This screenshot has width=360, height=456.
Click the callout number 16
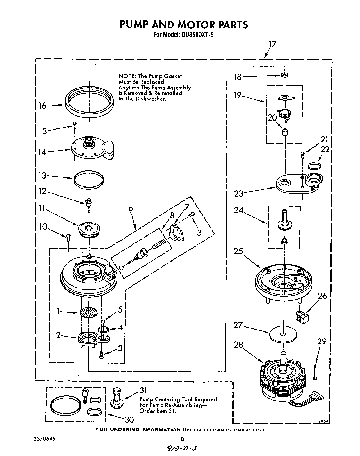pos(42,106)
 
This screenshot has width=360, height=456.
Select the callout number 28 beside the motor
pos(238,345)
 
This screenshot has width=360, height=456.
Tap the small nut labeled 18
pos(284,75)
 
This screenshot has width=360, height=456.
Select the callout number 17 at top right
pos(272,44)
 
